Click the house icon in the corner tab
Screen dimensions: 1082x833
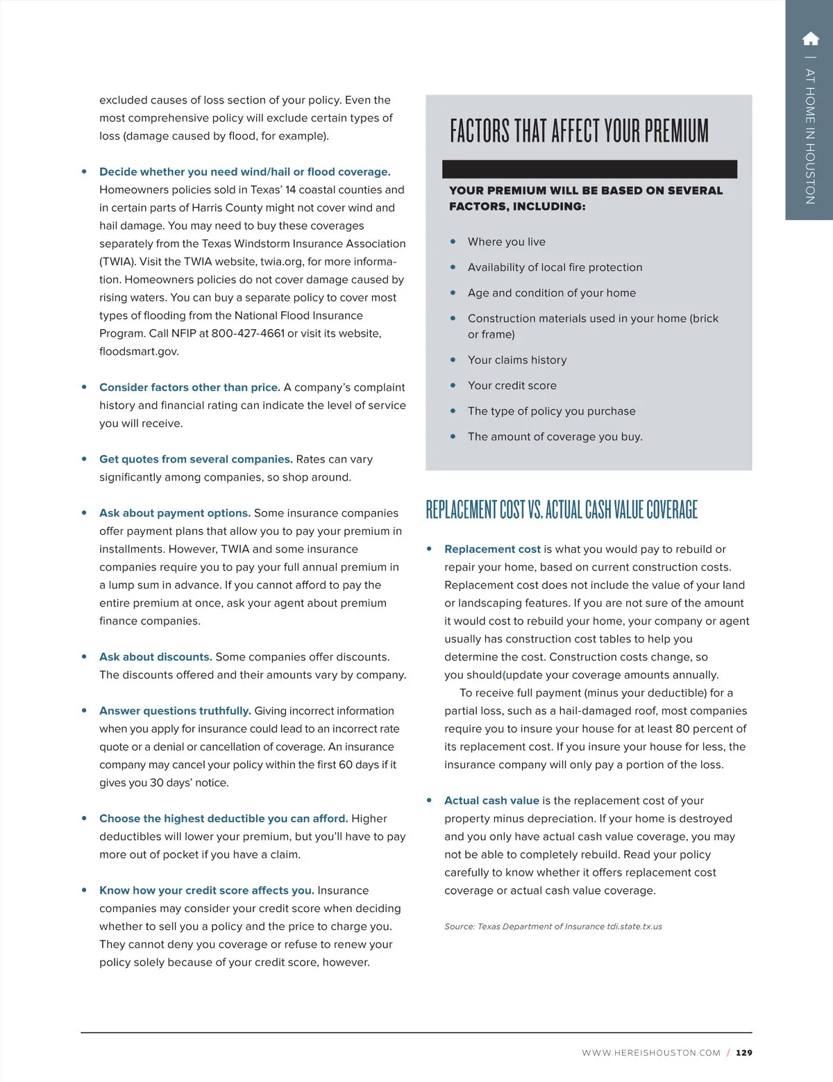[810, 38]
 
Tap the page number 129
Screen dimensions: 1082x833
[744, 1053]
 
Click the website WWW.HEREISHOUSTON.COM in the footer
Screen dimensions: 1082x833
[651, 1053]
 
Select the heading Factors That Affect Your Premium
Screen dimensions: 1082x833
[579, 131]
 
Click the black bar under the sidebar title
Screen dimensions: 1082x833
[589, 169]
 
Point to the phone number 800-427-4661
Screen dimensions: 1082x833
[248, 333]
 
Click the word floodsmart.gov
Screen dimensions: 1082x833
[139, 351]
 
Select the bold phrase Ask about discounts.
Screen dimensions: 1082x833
[155, 657]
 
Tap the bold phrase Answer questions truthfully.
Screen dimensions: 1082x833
[175, 711]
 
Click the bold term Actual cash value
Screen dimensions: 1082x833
[491, 801]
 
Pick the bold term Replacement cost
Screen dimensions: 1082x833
[492, 549]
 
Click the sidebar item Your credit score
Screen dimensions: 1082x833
[512, 385]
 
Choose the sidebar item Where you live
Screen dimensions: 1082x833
[506, 242]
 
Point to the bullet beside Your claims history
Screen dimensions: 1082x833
[453, 360]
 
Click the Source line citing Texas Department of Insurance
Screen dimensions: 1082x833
[553, 926]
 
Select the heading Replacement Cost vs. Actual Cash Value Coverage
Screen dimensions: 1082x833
[561, 510]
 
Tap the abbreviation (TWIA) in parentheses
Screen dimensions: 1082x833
[117, 262]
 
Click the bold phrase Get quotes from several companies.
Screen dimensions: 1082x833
[196, 459]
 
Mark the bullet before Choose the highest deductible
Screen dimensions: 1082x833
[84, 819]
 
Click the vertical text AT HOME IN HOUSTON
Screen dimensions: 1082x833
[810, 135]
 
